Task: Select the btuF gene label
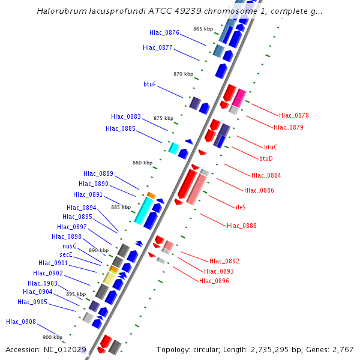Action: pos(149,84)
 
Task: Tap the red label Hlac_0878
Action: pos(293,115)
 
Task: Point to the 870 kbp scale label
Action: pos(183,74)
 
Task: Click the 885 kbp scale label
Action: pos(121,207)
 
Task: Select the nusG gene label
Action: pos(70,246)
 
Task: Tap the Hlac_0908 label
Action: pos(21,322)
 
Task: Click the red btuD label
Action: pos(266,158)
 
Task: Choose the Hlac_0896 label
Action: pos(214,281)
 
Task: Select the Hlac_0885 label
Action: pos(121,128)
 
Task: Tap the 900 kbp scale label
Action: pos(52,337)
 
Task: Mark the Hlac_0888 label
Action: pos(242,226)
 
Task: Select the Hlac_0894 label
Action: pos(81,208)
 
